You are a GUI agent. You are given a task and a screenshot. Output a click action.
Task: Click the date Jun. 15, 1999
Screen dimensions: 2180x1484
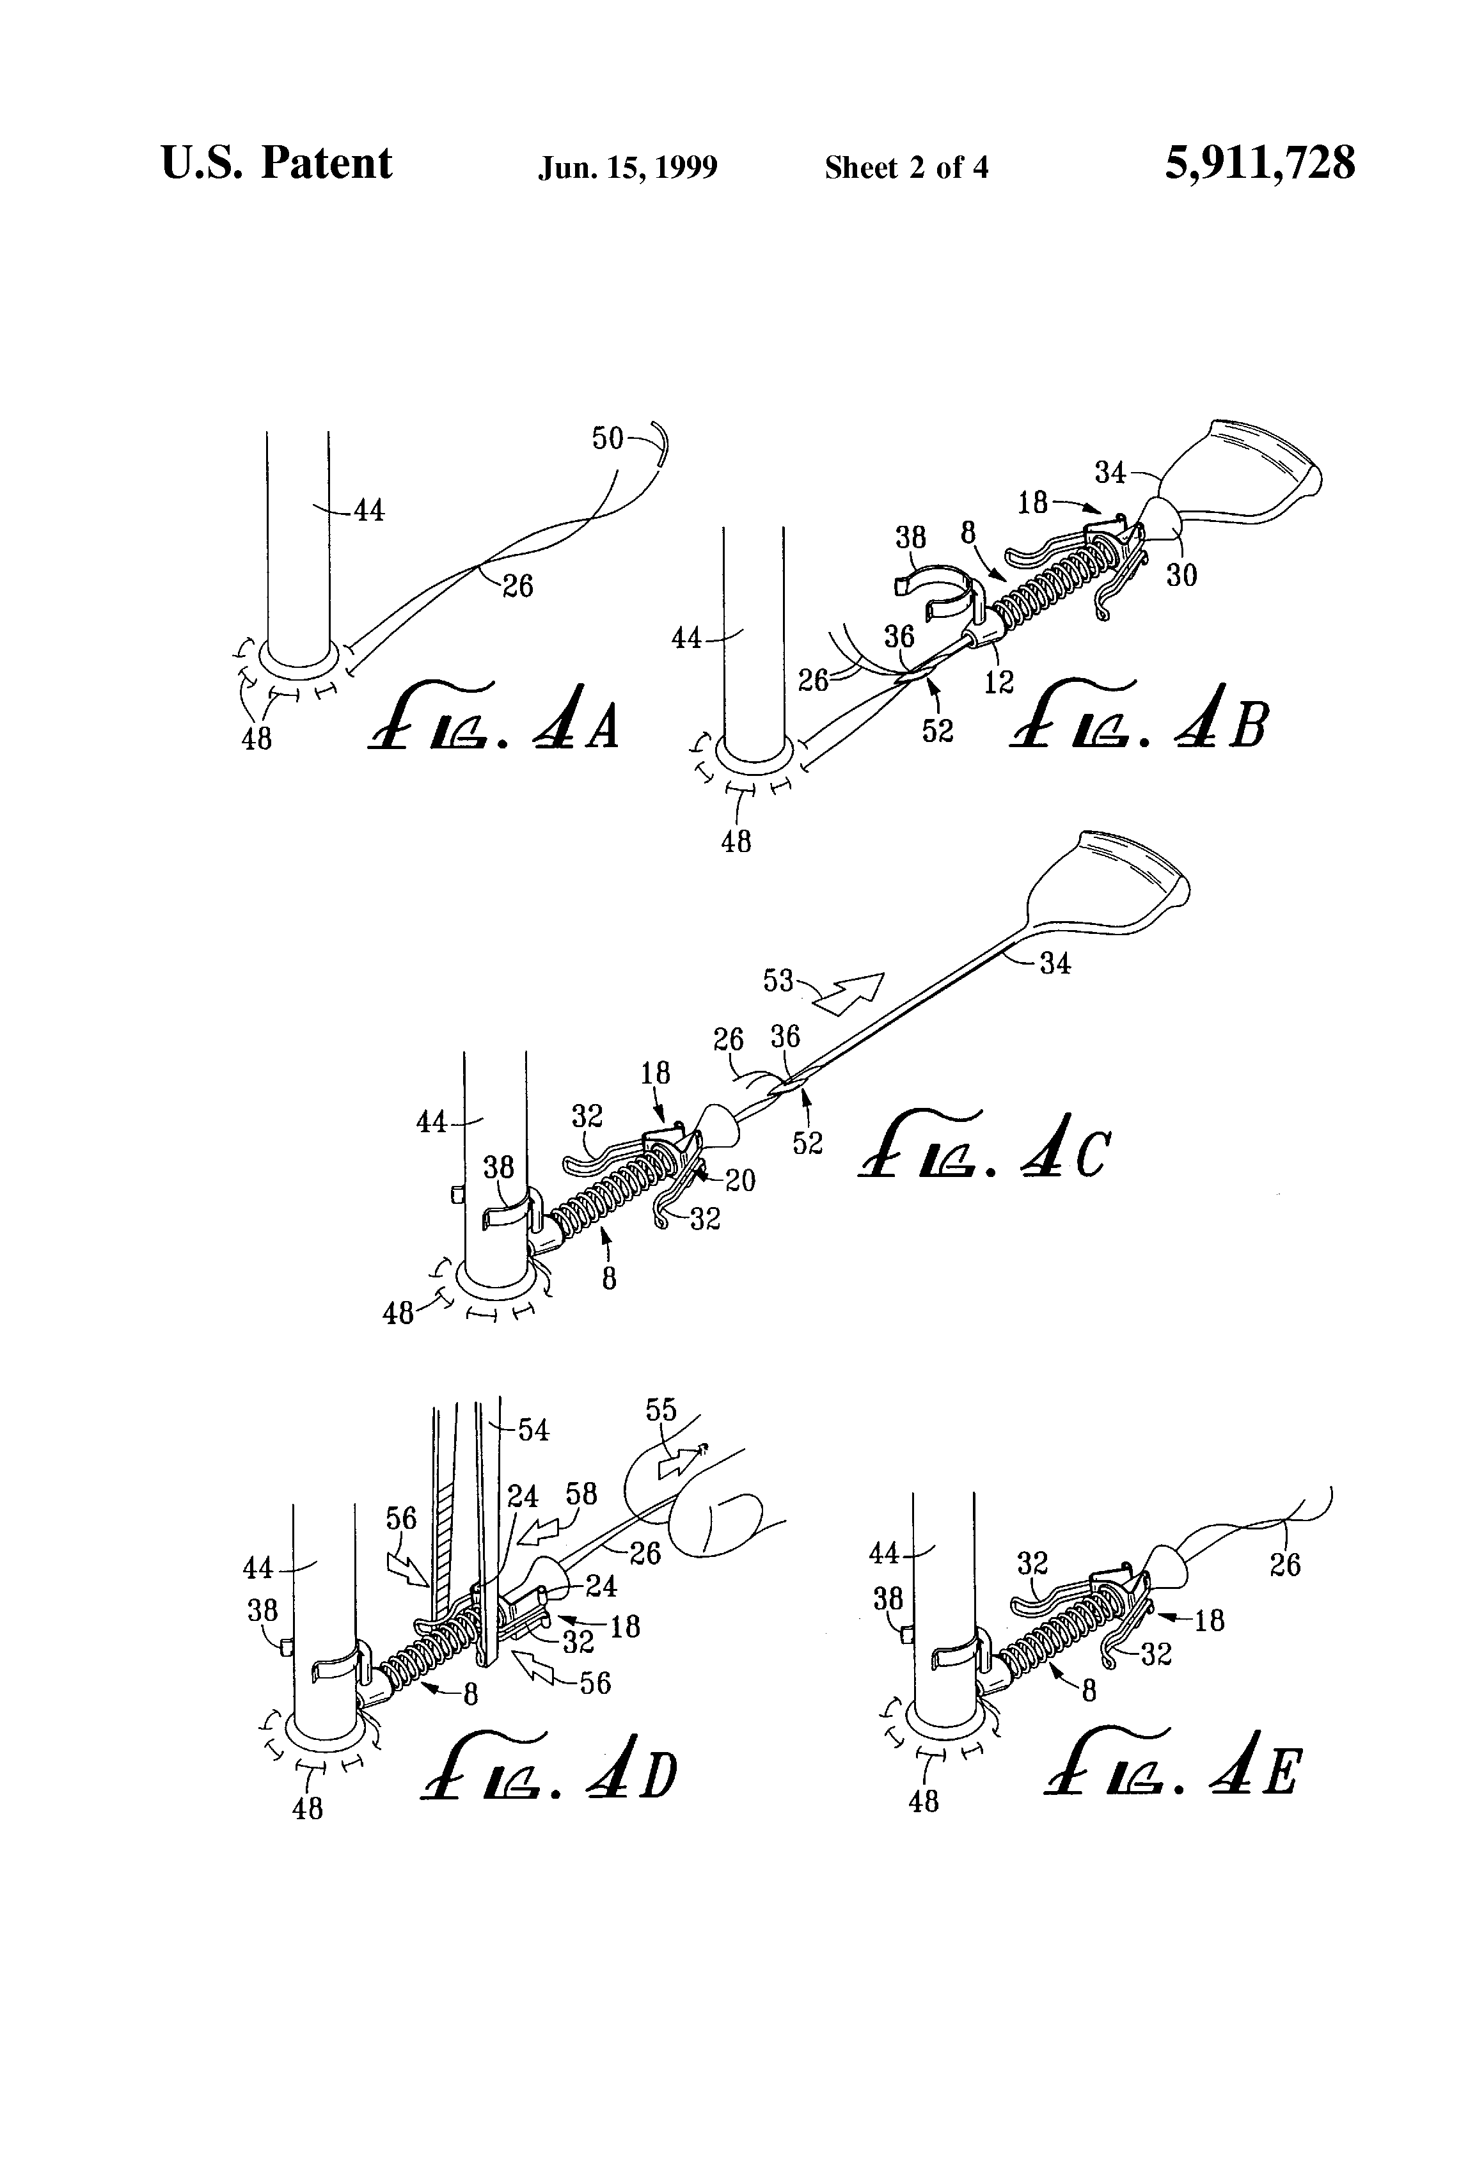pyautogui.click(x=627, y=168)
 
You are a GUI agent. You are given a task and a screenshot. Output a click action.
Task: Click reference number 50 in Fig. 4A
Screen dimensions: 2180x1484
pyautogui.click(x=607, y=438)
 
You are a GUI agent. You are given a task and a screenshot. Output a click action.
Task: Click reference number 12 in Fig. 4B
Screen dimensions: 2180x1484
pyautogui.click(x=999, y=682)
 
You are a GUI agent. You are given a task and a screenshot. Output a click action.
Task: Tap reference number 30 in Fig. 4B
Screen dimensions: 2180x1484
pyautogui.click(x=1181, y=574)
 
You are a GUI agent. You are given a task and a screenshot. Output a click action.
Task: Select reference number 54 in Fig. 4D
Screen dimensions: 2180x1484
pyautogui.click(x=533, y=1430)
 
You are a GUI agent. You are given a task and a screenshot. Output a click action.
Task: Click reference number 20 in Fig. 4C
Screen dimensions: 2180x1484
pyautogui.click(x=740, y=1179)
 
